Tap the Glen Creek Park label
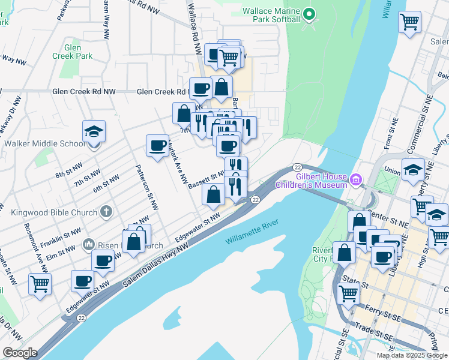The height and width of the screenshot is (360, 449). click(x=80, y=52)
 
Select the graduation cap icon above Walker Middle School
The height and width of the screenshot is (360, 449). click(x=93, y=131)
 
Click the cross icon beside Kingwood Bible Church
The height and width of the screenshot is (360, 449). click(x=106, y=212)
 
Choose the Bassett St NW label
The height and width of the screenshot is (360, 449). click(x=206, y=179)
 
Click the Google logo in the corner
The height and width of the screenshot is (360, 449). click(x=20, y=352)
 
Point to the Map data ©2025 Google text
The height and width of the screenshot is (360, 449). click(x=412, y=355)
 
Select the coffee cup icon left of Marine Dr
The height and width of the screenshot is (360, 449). click(x=158, y=145)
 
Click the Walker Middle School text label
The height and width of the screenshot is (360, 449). click(x=44, y=144)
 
